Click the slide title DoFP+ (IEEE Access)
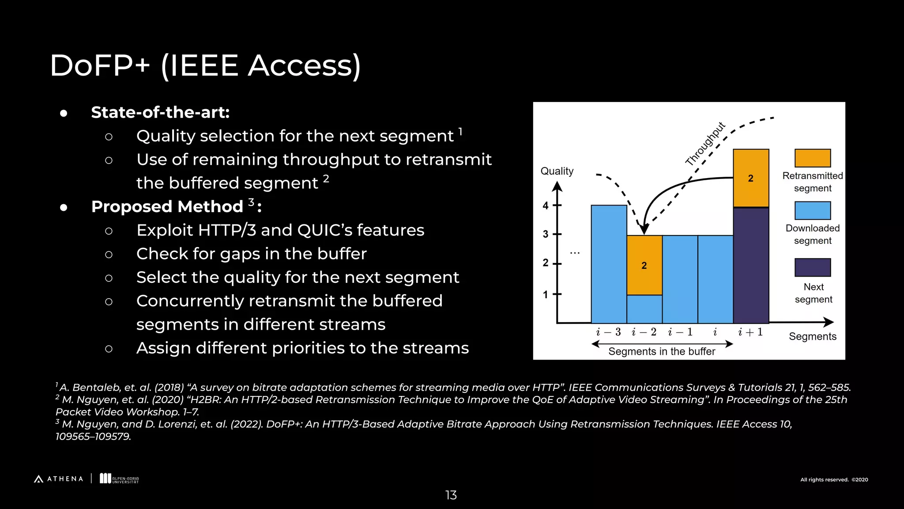[x=205, y=66]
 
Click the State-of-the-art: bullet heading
[x=160, y=112]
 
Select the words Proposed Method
[x=167, y=206]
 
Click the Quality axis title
[x=557, y=171]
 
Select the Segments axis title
[x=812, y=336]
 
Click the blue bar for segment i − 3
[x=609, y=264]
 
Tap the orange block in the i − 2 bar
[x=644, y=265]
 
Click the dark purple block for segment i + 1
[x=751, y=265]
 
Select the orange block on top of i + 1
[x=751, y=178]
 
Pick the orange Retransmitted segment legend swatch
[x=812, y=158]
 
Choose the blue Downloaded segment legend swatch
[x=812, y=210]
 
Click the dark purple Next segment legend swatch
[x=812, y=267]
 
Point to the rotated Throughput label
[x=705, y=144]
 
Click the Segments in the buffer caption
[x=661, y=351]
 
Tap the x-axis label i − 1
[x=680, y=332]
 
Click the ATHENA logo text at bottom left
[x=64, y=479]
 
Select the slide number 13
[x=451, y=495]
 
